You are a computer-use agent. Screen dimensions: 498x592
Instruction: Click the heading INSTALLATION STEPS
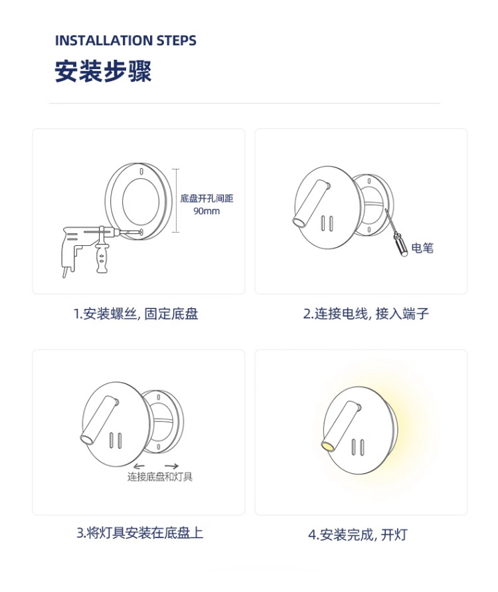(x=125, y=41)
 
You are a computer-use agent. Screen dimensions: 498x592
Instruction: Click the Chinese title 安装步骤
(x=103, y=71)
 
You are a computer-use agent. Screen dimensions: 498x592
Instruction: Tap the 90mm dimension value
(x=207, y=211)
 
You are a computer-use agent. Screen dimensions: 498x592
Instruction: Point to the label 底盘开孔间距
(x=207, y=198)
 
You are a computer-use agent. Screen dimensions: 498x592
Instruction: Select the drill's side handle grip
(x=102, y=256)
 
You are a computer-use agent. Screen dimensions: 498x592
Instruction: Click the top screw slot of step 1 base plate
(x=141, y=171)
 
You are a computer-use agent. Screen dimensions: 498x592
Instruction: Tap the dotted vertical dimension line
(x=176, y=201)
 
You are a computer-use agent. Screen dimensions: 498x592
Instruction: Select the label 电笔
(x=422, y=248)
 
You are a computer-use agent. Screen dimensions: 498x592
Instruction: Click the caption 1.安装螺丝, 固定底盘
(x=136, y=314)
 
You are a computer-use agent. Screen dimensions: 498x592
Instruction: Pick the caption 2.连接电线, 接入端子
(x=366, y=314)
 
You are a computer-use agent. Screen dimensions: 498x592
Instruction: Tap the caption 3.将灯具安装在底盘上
(x=140, y=533)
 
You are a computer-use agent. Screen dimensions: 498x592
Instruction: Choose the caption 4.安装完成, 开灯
(x=358, y=535)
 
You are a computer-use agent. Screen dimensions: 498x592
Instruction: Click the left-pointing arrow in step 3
(x=139, y=466)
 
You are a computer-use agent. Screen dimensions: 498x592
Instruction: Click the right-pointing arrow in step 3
(x=172, y=466)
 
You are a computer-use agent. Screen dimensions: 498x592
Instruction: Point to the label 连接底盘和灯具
(x=160, y=477)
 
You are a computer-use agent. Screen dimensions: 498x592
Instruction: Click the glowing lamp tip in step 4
(x=327, y=446)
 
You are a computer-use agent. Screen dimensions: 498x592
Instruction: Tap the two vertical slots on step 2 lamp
(x=327, y=223)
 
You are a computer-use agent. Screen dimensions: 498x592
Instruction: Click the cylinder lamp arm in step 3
(x=99, y=419)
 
